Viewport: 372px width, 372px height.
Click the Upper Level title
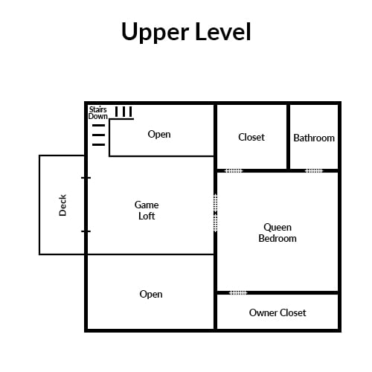click(x=186, y=32)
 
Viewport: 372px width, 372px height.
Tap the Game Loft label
click(x=147, y=211)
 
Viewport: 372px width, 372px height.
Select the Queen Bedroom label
click(x=278, y=233)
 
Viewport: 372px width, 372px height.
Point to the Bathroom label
click(x=314, y=138)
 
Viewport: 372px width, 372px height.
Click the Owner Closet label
click(x=278, y=312)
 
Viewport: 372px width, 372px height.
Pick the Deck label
click(x=62, y=205)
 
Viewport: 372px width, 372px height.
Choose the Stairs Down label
click(x=98, y=113)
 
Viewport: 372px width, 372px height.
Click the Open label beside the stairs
click(x=159, y=134)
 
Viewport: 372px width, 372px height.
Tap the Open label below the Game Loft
click(x=151, y=294)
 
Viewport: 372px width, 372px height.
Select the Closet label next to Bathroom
click(x=251, y=137)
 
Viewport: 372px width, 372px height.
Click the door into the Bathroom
click(x=314, y=170)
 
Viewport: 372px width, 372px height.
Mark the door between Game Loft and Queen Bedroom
click(x=216, y=213)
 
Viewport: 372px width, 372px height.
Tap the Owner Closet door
click(x=238, y=293)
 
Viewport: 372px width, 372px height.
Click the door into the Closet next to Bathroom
click(x=234, y=170)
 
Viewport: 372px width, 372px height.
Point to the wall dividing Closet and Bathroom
click(x=288, y=137)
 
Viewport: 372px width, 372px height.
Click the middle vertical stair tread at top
click(x=124, y=112)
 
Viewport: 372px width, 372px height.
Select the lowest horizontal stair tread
click(x=99, y=144)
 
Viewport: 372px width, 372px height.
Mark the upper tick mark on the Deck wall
click(x=86, y=178)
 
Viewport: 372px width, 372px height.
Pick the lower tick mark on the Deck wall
click(x=86, y=231)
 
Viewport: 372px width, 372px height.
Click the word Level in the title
click(x=223, y=32)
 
